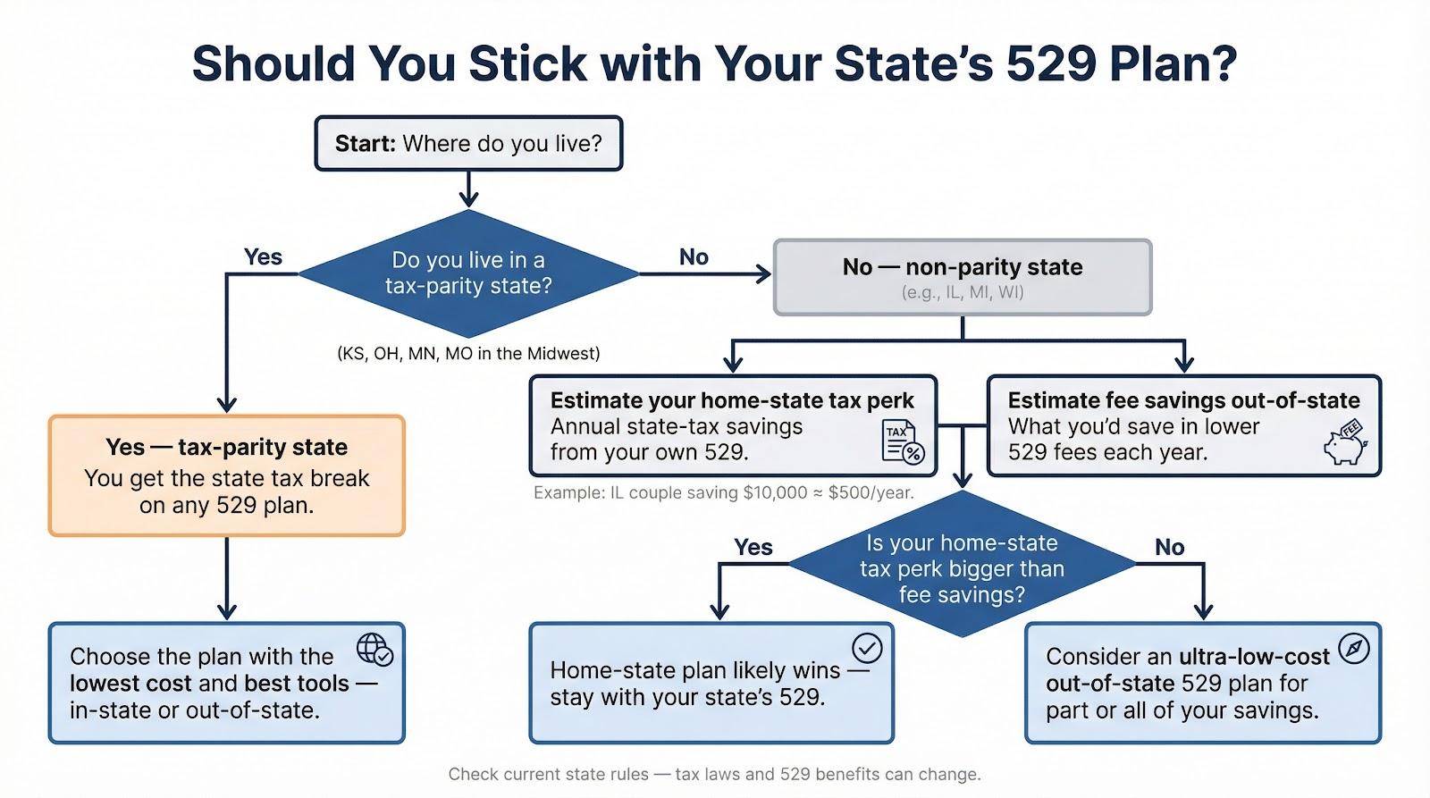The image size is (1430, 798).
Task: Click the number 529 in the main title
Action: click(x=1051, y=63)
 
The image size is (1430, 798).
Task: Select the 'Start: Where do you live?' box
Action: click(x=468, y=143)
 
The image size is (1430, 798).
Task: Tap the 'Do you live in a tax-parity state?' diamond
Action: click(x=468, y=273)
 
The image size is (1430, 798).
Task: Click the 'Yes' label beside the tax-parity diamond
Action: click(x=263, y=256)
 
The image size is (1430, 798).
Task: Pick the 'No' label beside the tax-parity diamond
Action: click(x=694, y=256)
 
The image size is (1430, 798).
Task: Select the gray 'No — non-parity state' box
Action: click(x=963, y=277)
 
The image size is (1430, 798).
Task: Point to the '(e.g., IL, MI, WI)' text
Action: click(x=963, y=292)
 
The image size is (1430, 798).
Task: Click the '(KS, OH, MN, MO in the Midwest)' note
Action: click(x=468, y=353)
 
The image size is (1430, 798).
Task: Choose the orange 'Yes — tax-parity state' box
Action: click(x=227, y=475)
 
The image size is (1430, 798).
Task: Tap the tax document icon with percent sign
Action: click(x=903, y=441)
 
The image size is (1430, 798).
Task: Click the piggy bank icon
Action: click(x=1346, y=441)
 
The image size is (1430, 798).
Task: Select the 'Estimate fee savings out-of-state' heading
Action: click(x=1184, y=400)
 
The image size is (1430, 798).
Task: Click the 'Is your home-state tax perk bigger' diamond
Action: click(x=962, y=564)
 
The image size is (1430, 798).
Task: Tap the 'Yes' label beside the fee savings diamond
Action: click(x=753, y=547)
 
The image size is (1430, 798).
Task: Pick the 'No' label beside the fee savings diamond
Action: click(x=1170, y=547)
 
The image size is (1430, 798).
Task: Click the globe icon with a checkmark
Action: click(x=375, y=650)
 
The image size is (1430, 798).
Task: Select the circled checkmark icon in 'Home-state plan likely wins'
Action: click(x=867, y=649)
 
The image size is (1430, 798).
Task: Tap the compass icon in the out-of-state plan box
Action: click(x=1353, y=650)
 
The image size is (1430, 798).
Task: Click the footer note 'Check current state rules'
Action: click(x=714, y=775)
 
